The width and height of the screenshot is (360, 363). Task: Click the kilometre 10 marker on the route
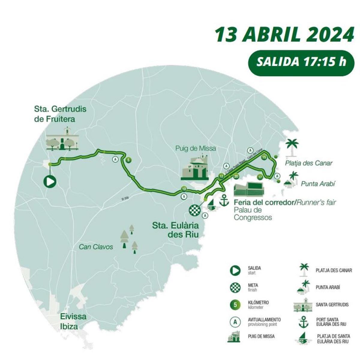tap(184, 189)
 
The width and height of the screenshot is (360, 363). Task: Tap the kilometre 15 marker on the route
tap(264, 157)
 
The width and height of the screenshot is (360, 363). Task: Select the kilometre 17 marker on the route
tap(260, 177)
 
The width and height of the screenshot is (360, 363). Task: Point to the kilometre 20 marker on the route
tap(236, 176)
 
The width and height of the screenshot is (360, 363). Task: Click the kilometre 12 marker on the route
tap(221, 176)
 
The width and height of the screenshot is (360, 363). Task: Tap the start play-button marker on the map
tap(50, 182)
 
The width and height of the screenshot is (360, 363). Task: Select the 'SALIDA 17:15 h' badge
tap(301, 62)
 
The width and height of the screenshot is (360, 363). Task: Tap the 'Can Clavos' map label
tap(96, 247)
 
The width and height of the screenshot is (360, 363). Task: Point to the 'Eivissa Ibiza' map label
tap(73, 321)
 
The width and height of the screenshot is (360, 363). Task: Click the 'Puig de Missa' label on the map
tap(196, 148)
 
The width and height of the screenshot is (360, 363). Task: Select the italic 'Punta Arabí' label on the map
tap(318, 183)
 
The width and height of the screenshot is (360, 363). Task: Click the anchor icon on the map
tap(224, 200)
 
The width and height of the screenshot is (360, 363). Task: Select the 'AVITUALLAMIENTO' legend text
tap(264, 320)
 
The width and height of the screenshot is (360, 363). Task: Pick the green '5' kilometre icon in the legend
tap(235, 305)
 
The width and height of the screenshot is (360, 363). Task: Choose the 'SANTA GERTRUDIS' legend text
tap(332, 305)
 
